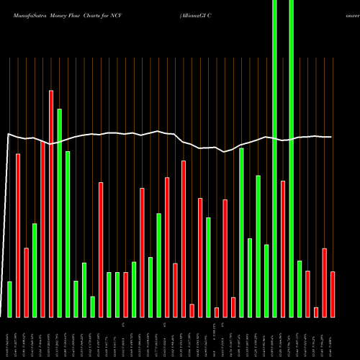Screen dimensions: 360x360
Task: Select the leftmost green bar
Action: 10,299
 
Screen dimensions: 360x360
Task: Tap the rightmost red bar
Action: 333,294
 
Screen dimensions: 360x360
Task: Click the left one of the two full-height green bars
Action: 275,158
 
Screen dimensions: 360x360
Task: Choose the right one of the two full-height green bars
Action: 292,158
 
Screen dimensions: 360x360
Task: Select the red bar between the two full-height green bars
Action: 283,248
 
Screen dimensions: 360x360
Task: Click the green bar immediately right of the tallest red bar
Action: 59,212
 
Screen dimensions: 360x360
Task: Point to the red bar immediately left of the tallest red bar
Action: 42,229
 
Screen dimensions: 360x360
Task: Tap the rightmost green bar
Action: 300,288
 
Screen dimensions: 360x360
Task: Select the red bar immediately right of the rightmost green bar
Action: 307,293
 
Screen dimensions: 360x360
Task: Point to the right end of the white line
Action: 331,137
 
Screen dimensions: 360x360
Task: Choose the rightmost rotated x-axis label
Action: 333,338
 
